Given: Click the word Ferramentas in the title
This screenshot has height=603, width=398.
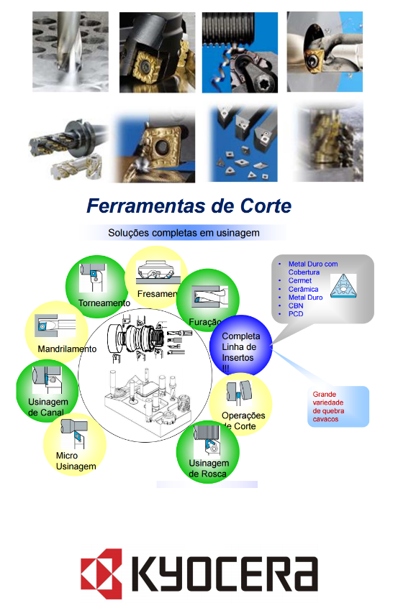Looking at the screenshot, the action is pyautogui.click(x=146, y=206).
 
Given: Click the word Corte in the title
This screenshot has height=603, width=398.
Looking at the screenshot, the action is pyautogui.click(x=266, y=206).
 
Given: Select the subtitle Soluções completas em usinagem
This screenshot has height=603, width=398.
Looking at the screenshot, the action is pyautogui.click(x=184, y=233).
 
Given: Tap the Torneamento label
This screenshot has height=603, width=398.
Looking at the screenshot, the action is pyautogui.click(x=104, y=303).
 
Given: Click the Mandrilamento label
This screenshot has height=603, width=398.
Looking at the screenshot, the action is pyautogui.click(x=67, y=349).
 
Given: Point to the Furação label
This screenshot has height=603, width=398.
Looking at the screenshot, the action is pyautogui.click(x=205, y=322).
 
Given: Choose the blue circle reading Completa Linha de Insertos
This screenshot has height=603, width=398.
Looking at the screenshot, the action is pyautogui.click(x=240, y=345).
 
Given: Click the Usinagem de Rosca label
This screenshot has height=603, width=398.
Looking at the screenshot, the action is pyautogui.click(x=209, y=469).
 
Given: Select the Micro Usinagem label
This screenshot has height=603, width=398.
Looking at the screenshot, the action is pyautogui.click(x=76, y=461).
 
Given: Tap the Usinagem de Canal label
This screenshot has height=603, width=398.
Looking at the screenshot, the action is pyautogui.click(x=48, y=408).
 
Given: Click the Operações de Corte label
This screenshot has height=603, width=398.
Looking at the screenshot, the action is pyautogui.click(x=243, y=420).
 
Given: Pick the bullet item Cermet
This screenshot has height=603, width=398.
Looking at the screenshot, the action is pyautogui.click(x=299, y=281).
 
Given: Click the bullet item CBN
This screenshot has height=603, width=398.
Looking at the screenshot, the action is pyautogui.click(x=296, y=305).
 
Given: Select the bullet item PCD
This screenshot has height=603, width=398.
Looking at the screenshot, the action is pyautogui.click(x=296, y=314).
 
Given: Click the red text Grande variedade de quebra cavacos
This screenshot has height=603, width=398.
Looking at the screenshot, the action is pyautogui.click(x=328, y=407).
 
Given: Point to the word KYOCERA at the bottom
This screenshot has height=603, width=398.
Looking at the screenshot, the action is pyautogui.click(x=225, y=574).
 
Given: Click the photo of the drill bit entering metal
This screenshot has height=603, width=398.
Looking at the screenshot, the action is pyautogui.click(x=70, y=52).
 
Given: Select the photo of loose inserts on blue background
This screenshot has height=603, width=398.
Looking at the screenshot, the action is pyautogui.click(x=243, y=143).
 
